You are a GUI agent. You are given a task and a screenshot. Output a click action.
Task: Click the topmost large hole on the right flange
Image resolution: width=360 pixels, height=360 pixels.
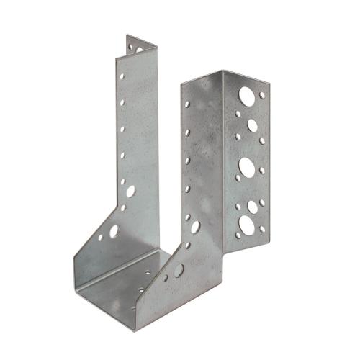click(246, 94)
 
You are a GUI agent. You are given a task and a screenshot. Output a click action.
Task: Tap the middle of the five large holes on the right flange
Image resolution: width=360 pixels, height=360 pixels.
click(246, 166)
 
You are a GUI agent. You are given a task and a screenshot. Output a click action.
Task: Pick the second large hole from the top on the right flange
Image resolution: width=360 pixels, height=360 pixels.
click(253, 125)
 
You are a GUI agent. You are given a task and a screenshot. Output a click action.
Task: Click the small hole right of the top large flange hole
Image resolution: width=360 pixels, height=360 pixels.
click(262, 95)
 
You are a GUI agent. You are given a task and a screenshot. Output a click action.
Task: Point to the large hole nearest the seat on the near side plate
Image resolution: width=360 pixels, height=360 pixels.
click(178, 270)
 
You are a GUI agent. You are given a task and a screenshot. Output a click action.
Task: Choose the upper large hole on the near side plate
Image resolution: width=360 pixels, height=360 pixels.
click(195, 227)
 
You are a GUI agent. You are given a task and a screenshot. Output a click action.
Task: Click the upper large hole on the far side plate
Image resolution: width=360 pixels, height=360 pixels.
click(130, 192)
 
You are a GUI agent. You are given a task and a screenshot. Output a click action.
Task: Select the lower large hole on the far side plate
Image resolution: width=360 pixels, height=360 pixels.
click(114, 232)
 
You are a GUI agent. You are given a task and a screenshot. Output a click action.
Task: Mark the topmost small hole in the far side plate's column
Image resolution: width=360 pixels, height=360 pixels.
click(122, 74)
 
